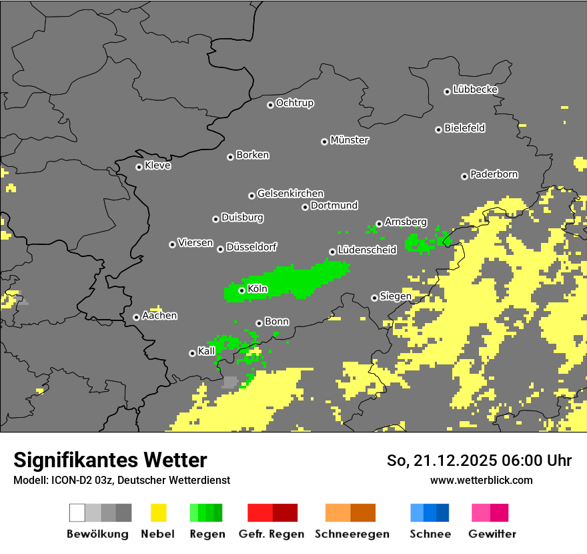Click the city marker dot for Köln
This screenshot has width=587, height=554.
click(x=241, y=290)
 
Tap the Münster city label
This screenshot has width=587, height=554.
click(x=350, y=140)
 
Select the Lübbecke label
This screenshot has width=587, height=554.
click(x=476, y=89)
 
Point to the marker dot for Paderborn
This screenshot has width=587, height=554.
click(x=464, y=176)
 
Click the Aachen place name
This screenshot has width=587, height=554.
click(x=159, y=316)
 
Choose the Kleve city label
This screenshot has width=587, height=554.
click(x=157, y=166)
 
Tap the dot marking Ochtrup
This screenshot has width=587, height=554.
click(x=270, y=105)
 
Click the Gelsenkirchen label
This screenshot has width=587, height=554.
click(x=290, y=194)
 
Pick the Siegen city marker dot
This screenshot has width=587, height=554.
click(x=374, y=298)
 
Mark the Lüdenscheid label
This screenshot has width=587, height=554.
click(x=367, y=250)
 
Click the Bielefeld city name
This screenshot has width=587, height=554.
click(x=464, y=128)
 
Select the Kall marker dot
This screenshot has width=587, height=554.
click(x=192, y=353)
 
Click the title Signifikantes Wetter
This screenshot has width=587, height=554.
click(x=110, y=460)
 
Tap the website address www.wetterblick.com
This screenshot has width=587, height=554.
click(x=481, y=480)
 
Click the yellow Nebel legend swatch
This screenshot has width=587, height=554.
click(x=158, y=513)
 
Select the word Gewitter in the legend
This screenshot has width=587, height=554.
click(x=492, y=534)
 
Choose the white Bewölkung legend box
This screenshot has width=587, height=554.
click(x=77, y=513)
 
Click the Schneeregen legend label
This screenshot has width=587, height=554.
click(x=352, y=534)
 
